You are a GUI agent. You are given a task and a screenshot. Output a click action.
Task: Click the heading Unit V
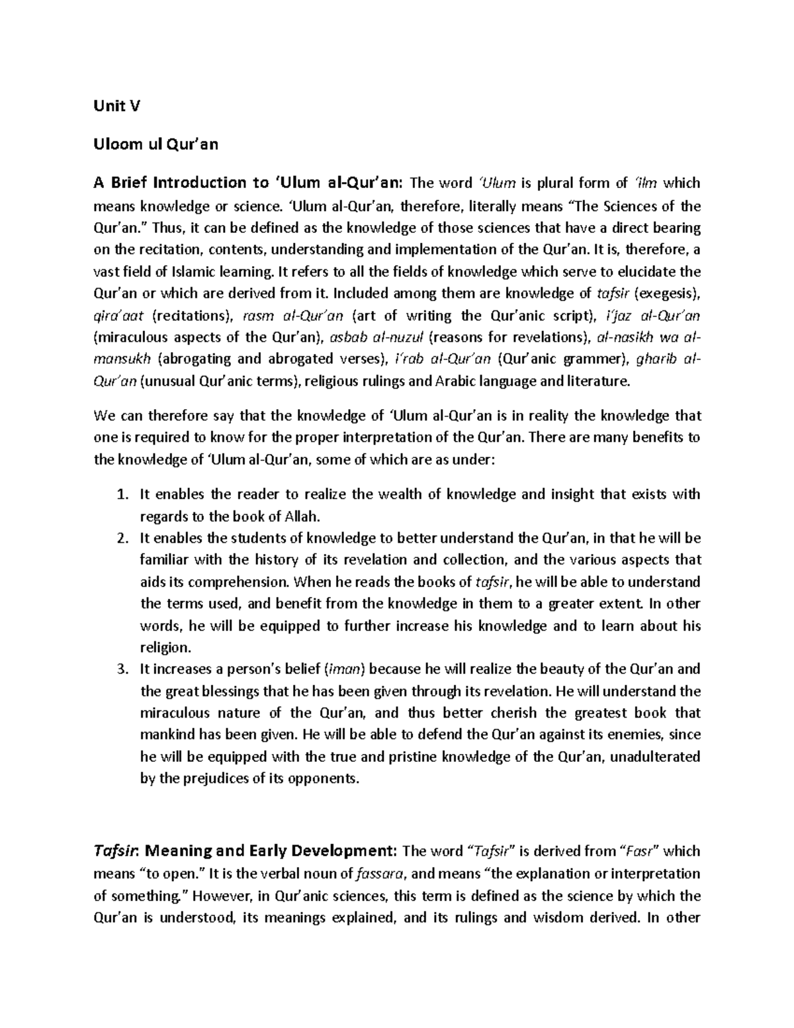click(117, 107)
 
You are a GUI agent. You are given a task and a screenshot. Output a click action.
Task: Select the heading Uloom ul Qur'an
click(156, 144)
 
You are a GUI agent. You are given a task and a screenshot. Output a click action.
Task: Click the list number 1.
click(120, 494)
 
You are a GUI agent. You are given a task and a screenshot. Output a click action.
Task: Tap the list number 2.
click(120, 538)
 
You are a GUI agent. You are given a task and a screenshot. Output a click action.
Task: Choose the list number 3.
click(120, 669)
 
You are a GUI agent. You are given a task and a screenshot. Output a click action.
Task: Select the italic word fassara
click(384, 873)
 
